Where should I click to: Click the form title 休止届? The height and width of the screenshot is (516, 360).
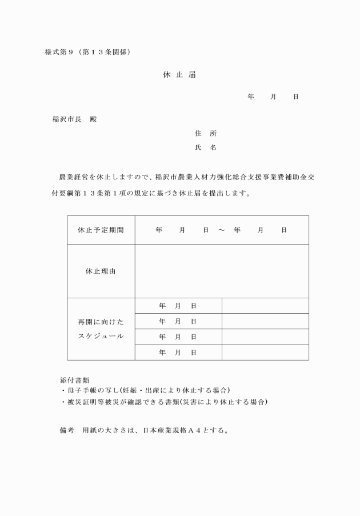(179, 75)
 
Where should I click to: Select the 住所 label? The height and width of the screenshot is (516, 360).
(205, 134)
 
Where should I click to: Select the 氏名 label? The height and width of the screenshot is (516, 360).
(205, 148)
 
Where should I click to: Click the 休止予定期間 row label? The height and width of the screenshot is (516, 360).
(101, 230)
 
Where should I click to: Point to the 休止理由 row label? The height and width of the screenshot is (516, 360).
(101, 271)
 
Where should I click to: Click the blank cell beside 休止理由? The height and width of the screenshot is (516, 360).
(222, 271)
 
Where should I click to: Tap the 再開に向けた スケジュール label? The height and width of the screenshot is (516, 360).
(101, 329)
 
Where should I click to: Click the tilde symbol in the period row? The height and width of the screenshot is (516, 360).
(221, 230)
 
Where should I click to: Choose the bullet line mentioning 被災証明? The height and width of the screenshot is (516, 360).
(163, 402)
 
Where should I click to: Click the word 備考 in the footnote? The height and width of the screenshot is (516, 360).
(67, 430)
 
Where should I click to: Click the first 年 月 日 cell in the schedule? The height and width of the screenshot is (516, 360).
(178, 306)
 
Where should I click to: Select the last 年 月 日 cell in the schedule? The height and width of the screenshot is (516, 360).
(178, 353)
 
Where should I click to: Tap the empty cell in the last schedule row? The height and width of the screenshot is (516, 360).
(265, 353)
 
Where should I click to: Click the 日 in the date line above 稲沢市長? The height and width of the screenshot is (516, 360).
(295, 97)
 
